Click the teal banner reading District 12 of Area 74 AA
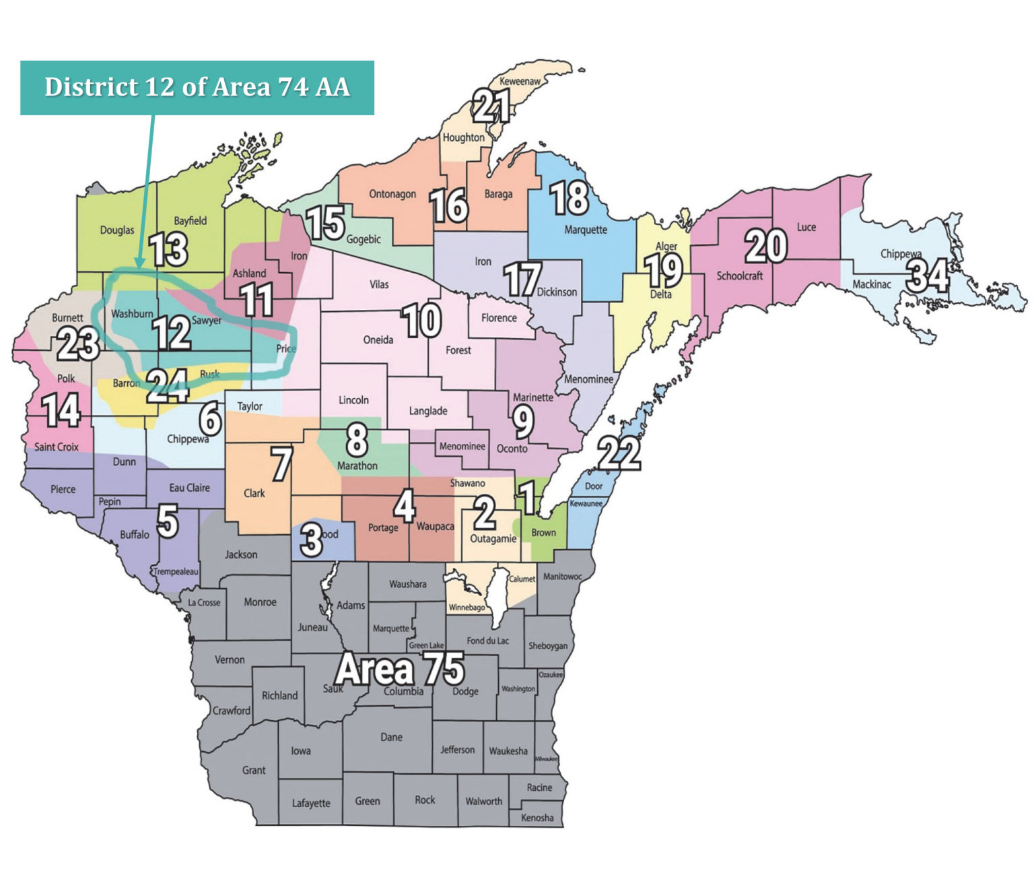point(197,88)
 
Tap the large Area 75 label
point(400,669)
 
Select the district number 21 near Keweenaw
point(491,106)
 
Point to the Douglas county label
point(117,230)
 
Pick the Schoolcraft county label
point(739,276)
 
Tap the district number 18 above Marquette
point(569,198)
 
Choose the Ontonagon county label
point(392,194)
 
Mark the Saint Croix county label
point(57,447)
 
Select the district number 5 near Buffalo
point(168,522)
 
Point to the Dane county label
point(391,737)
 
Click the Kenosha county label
point(537,818)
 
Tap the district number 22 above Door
point(619,453)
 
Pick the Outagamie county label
point(493,538)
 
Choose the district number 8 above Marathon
point(356,439)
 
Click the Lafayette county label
point(311,803)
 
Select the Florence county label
point(499,318)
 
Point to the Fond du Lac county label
point(487,641)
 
